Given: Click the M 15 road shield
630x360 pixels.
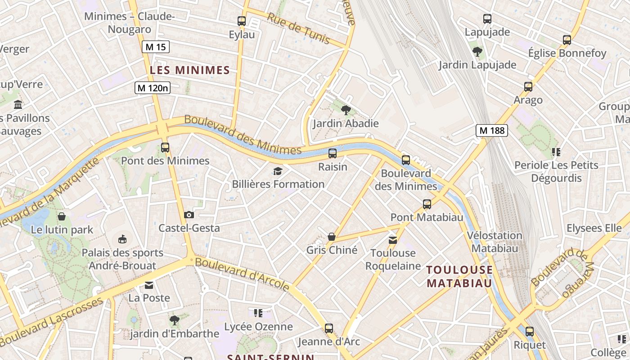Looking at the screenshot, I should point(156,47).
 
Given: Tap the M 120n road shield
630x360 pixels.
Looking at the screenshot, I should point(153,88).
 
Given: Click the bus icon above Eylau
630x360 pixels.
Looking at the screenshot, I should point(242,21).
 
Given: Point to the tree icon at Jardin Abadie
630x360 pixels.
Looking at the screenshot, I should point(346,110).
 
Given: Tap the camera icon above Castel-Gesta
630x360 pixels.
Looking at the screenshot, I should point(189,215).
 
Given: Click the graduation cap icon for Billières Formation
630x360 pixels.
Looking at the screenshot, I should point(278,171).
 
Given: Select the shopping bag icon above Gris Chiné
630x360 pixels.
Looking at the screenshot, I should point(332,237).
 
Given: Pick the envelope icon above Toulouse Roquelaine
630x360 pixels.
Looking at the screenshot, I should point(393,240).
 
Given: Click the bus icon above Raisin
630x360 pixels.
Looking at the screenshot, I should point(333,153).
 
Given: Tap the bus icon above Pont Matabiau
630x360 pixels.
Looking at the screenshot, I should point(427,204).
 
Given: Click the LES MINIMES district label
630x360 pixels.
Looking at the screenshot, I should point(190,70).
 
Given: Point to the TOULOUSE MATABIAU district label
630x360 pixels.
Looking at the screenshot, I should point(459,276).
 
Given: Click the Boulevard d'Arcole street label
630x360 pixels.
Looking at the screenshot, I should point(243,274).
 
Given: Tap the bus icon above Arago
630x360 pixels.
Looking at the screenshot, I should point(528,87).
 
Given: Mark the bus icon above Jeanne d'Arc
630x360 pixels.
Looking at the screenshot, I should point(329,328).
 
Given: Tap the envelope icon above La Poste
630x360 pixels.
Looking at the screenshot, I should point(149,285).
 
